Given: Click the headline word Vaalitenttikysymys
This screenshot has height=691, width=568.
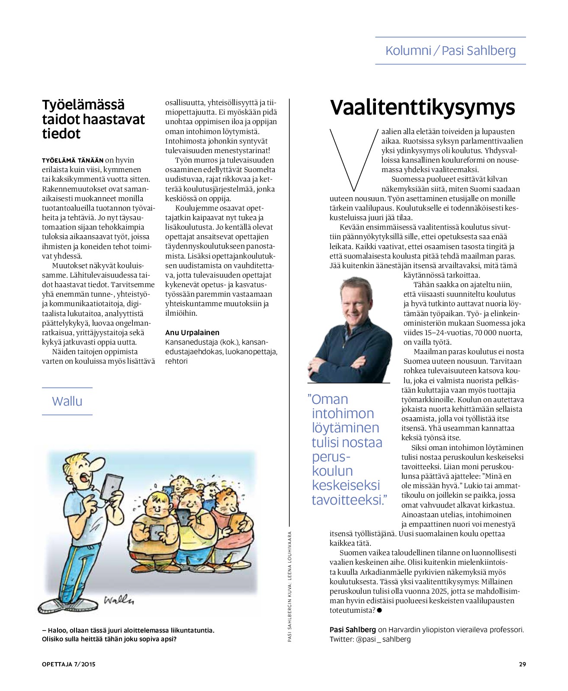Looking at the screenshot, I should point(422,107).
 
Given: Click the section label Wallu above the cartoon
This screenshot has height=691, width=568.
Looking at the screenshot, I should point(67,401).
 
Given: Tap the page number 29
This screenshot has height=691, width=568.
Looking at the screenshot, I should point(522,664).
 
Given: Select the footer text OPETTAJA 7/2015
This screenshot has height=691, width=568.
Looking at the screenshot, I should point(68,664).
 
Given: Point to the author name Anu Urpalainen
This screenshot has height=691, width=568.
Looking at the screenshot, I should point(192,333).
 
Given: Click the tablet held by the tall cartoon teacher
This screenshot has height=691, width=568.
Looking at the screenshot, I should point(112,486).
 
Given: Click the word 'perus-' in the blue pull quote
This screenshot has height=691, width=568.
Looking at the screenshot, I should point(331,457).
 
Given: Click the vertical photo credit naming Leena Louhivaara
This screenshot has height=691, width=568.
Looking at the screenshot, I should point(290,586).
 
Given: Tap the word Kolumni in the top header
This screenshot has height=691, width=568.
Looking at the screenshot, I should point(408,51).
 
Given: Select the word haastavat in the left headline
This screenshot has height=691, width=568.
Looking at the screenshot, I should point(113,119).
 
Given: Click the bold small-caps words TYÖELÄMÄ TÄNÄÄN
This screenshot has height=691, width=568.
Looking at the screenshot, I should point(73,160).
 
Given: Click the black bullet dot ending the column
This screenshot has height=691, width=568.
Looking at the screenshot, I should point(379,611).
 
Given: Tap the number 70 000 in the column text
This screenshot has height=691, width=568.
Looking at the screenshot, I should point(477,333).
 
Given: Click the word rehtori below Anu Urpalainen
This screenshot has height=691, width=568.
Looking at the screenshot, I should point(176,361).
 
